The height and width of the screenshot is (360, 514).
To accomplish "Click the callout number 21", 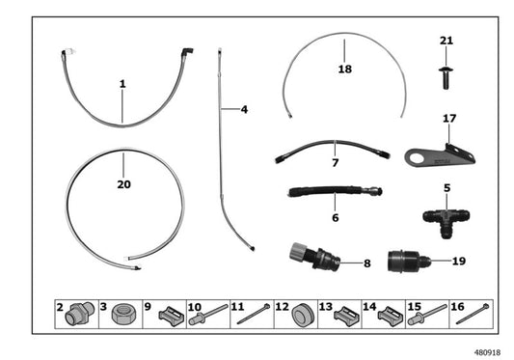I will click(445, 41).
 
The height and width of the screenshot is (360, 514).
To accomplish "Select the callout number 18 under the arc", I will click(345, 70).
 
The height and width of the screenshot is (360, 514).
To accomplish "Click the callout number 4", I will click(244, 110).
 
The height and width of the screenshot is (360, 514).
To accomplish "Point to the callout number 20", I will click(123, 183).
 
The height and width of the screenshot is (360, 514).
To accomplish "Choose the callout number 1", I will click(123, 85).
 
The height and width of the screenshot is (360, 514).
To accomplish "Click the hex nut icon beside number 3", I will click(122, 313).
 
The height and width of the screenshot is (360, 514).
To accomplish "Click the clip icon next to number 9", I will click(167, 313).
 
